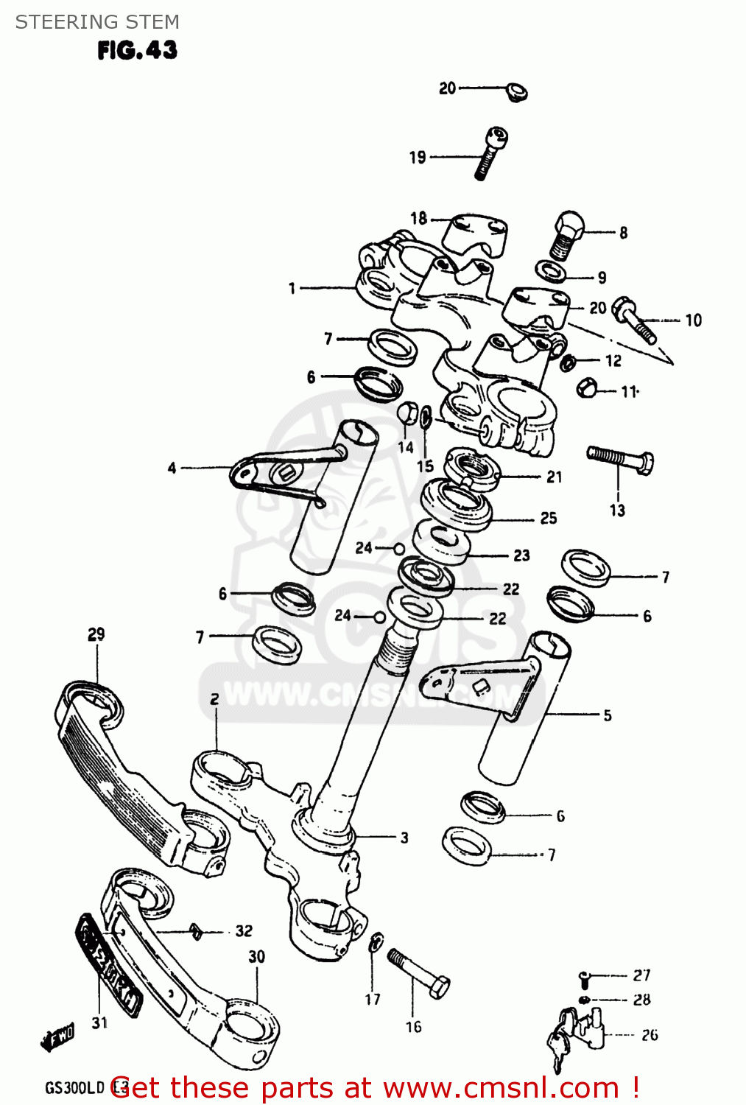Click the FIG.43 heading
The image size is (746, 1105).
click(137, 50)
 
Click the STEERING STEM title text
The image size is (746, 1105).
click(97, 22)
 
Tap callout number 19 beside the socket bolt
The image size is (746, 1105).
click(418, 157)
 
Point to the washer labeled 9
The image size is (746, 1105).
click(551, 271)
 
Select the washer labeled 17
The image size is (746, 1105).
click(376, 942)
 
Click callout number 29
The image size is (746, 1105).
click(96, 634)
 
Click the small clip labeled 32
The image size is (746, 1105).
click(196, 932)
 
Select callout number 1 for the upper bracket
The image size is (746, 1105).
click(292, 288)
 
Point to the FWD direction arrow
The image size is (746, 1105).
click(57, 1037)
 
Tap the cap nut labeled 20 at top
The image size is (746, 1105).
click(516, 92)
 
